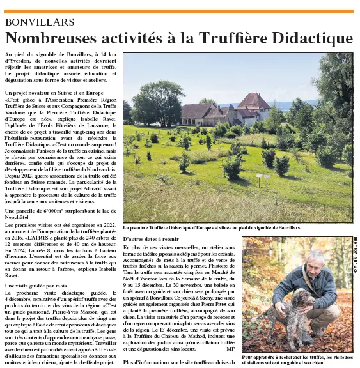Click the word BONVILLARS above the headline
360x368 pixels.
pyautogui.click(x=39, y=21)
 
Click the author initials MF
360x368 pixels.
pyautogui.click(x=230, y=349)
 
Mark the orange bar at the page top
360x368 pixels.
pyautogui.click(x=180, y=11)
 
